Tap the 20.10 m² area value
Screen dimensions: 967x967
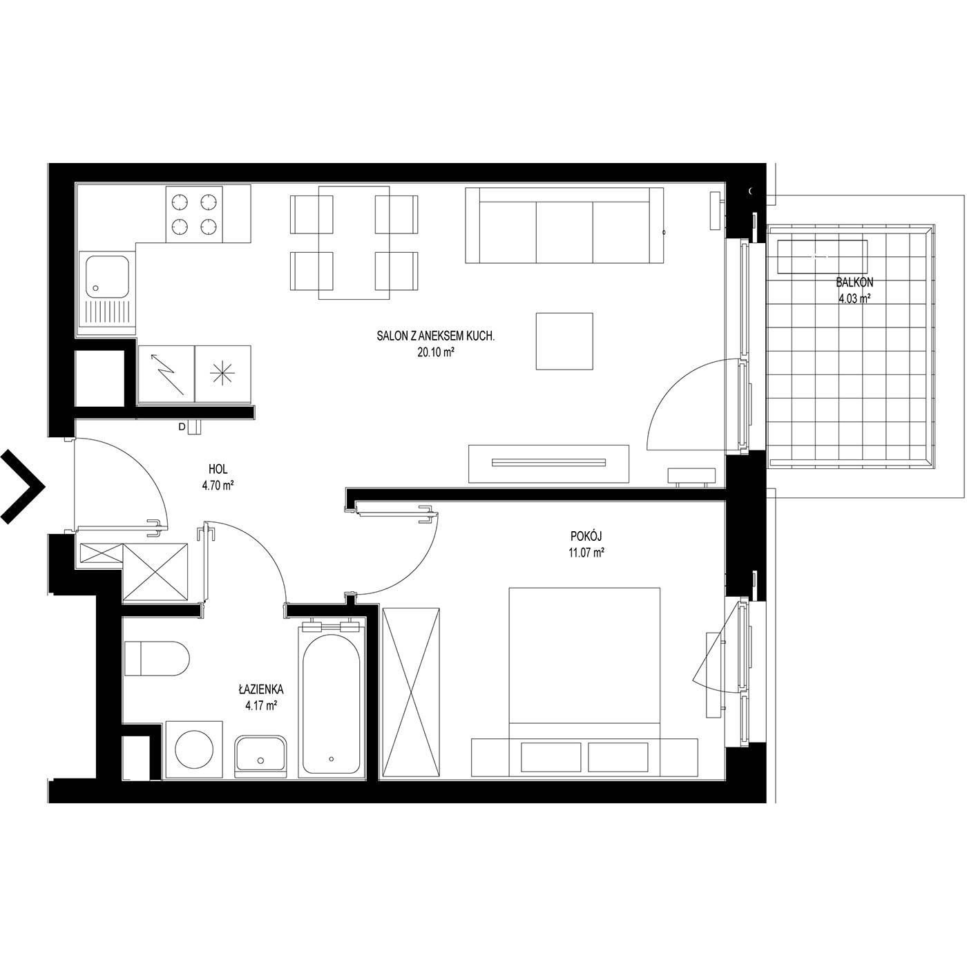point(436,352)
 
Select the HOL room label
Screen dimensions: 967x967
point(218,469)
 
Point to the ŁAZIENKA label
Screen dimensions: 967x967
point(261,689)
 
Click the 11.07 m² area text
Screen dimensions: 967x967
point(586,553)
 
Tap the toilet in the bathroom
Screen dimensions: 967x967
point(157,658)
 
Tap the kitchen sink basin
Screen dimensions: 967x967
point(107,276)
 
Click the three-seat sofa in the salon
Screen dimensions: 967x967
point(564,225)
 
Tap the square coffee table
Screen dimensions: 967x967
point(564,341)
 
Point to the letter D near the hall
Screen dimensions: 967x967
point(182,427)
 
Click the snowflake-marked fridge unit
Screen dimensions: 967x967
point(222,374)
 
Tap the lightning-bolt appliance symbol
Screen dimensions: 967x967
point(166,374)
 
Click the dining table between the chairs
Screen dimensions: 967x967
point(354,243)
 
